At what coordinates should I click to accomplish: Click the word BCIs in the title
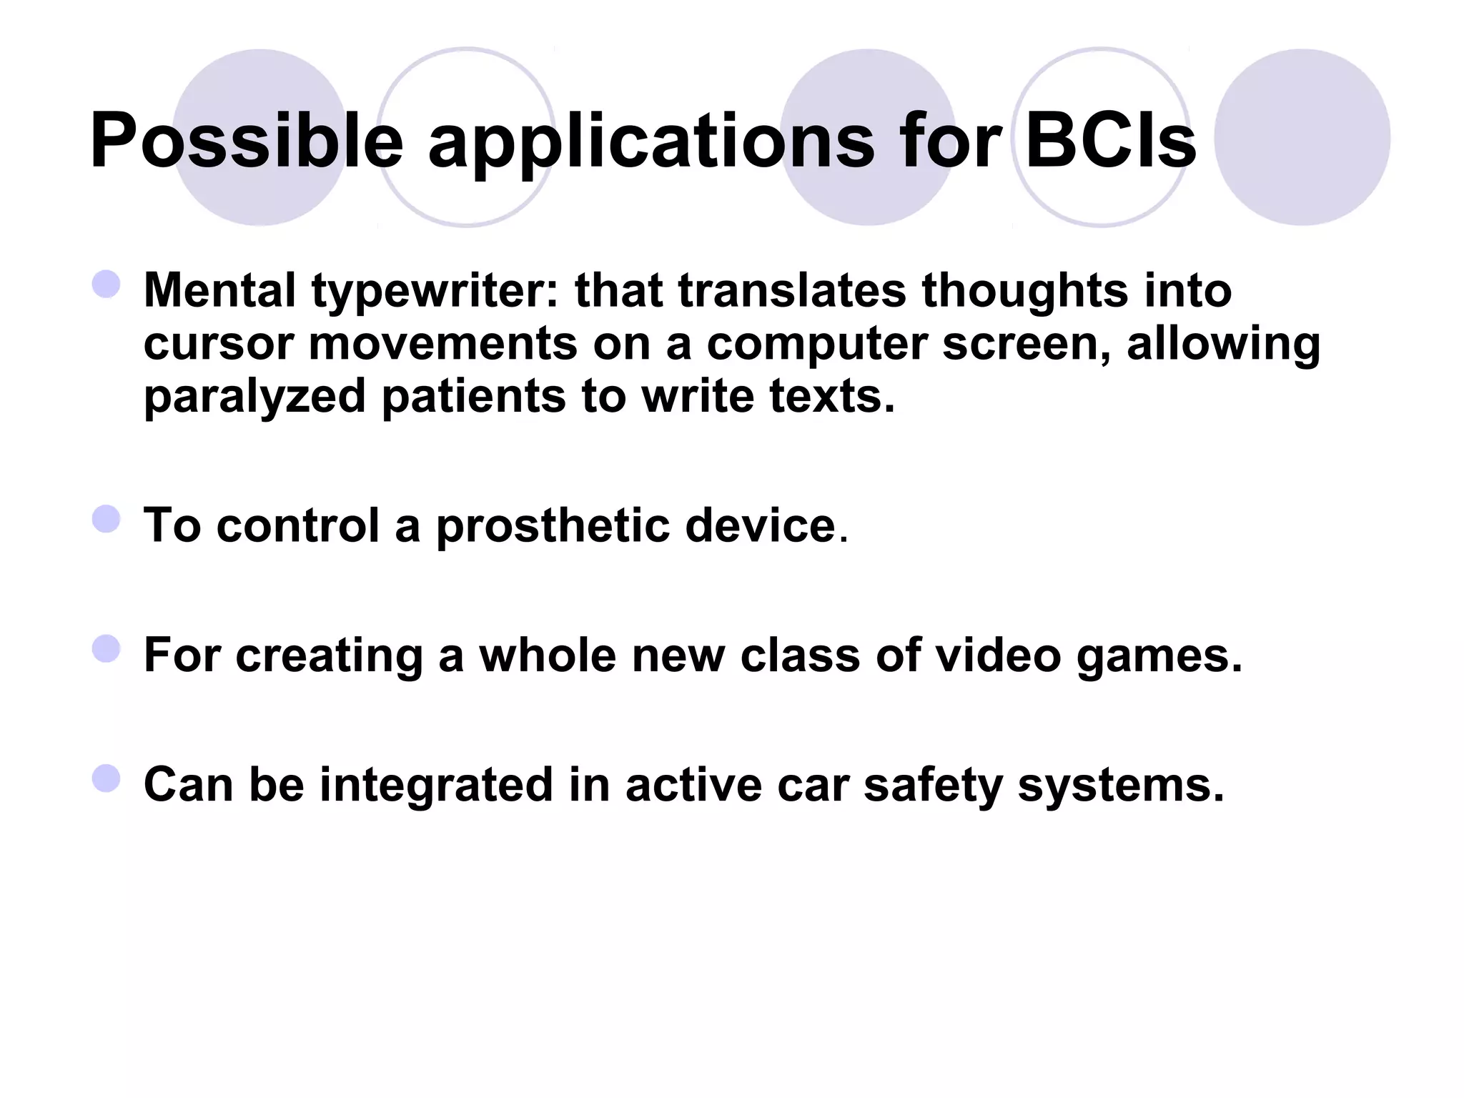pos(1110,141)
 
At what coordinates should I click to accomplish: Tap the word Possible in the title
pos(247,141)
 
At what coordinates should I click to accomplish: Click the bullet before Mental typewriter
pos(107,284)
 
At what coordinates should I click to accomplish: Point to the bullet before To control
pos(107,519)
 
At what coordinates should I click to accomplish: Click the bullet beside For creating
pos(107,649)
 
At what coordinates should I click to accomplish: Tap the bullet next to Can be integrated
pos(107,778)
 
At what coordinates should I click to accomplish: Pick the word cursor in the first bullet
pos(219,345)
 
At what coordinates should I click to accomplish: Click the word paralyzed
pos(254,398)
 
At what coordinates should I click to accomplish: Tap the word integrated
pos(436,786)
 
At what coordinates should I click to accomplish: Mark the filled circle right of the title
pos(1302,137)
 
